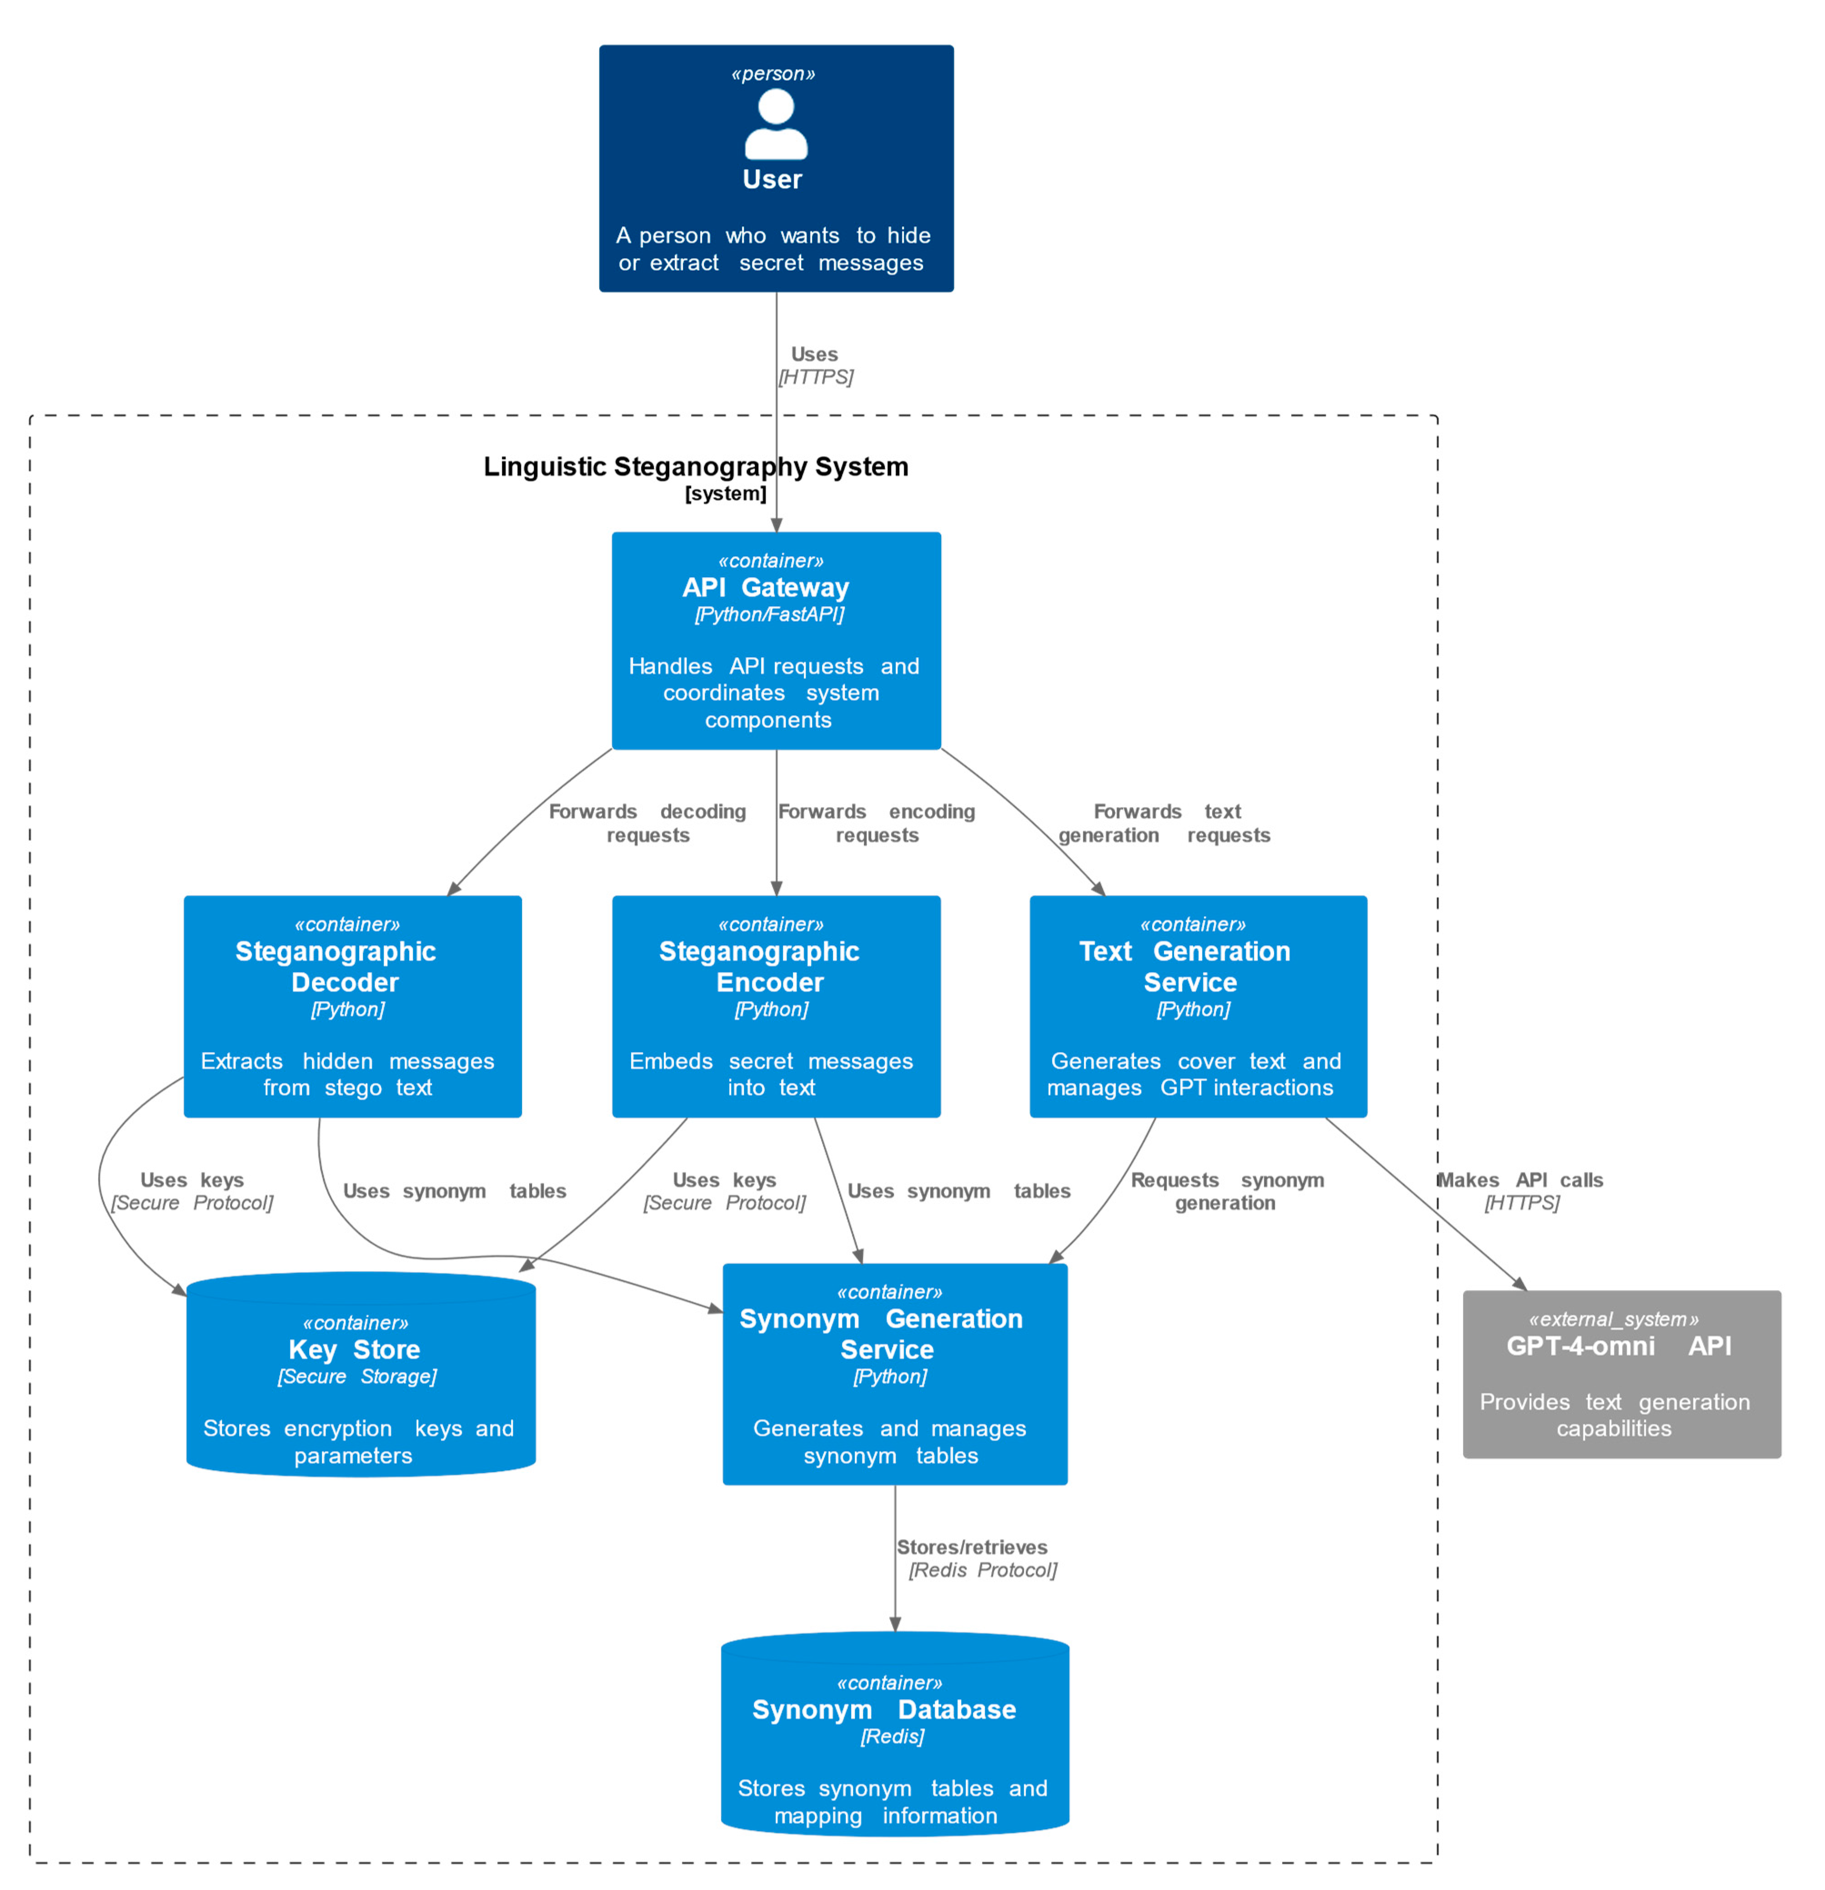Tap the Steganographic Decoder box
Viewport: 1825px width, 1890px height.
[x=352, y=1006]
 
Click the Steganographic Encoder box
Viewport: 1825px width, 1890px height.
[x=776, y=1006]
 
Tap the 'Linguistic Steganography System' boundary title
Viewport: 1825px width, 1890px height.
[x=696, y=467]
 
